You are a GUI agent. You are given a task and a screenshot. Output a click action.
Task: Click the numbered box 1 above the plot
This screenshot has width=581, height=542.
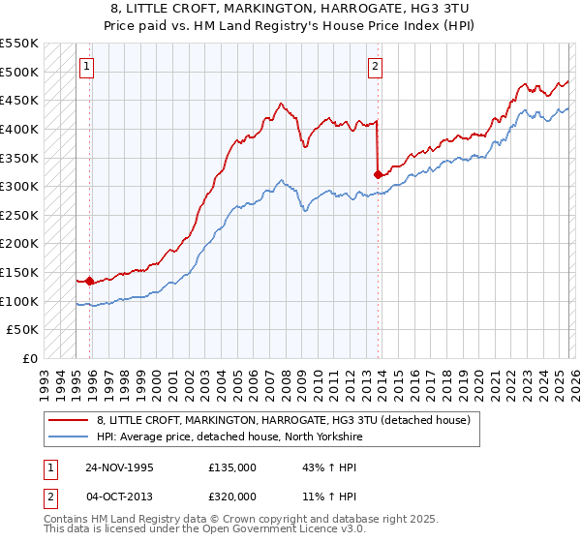[x=88, y=67]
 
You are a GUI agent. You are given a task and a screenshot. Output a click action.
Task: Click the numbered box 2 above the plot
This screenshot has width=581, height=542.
[x=375, y=67]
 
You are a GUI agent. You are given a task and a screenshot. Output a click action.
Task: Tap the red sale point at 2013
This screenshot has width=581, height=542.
[x=378, y=175]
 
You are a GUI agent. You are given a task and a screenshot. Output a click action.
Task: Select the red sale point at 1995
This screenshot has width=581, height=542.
[x=90, y=281]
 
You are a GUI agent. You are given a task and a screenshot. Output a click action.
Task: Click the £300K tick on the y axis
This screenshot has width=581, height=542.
[x=19, y=186]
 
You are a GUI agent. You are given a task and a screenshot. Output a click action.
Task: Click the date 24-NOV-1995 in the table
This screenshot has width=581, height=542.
[x=120, y=467]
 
